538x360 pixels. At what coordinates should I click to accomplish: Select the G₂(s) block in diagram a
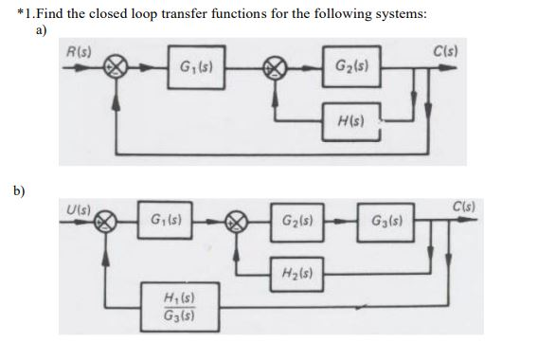click(352, 68)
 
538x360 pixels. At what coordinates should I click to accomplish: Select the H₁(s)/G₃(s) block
click(179, 307)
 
